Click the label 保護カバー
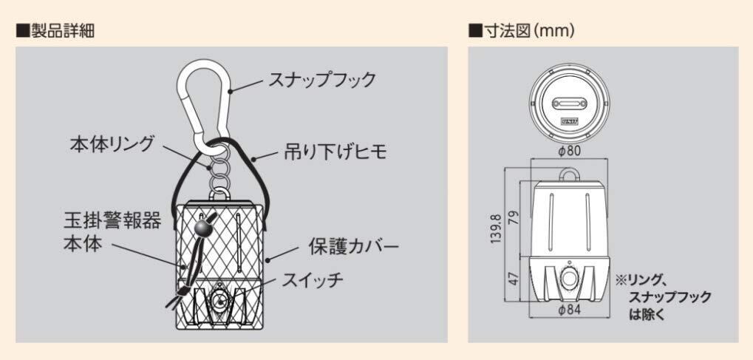pyautogui.click(x=353, y=245)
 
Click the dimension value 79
pyautogui.click(x=515, y=219)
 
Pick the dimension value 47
pyautogui.click(x=515, y=279)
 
